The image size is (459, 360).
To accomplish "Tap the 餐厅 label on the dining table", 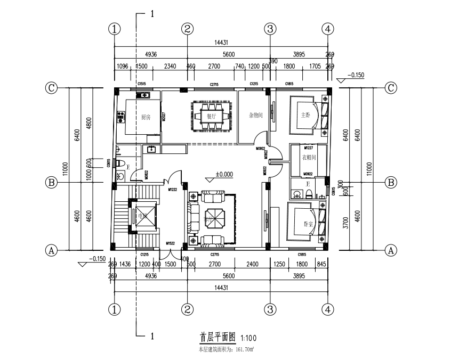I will point(211,116).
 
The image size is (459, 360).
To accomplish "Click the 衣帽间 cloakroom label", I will point(309,157).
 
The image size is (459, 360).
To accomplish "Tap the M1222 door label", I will point(173,190).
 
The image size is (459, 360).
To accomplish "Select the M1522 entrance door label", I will point(171,243).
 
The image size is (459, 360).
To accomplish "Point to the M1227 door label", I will point(308,148).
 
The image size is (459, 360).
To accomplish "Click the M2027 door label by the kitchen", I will point(164,117).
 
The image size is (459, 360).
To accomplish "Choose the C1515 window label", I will point(142,84).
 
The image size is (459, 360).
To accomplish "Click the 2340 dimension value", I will point(171,66).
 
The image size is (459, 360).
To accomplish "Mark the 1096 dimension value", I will point(123,66).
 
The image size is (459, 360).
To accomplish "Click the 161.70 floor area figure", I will point(244,349).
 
